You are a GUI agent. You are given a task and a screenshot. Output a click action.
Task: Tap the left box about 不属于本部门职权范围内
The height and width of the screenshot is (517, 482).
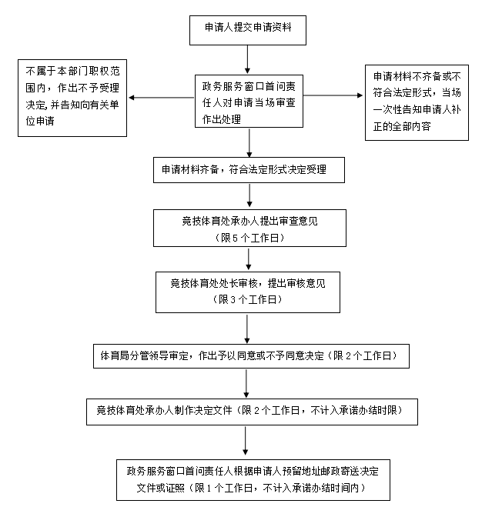[72, 98]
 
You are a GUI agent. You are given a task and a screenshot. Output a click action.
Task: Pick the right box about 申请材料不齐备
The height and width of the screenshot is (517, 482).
[417, 102]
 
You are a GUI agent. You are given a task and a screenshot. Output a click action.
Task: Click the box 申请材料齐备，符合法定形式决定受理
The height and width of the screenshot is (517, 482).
[243, 170]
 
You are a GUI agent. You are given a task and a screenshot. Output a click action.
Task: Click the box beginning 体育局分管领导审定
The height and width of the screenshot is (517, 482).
[249, 357]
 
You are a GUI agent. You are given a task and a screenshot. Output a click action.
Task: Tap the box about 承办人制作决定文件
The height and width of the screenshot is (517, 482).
[252, 410]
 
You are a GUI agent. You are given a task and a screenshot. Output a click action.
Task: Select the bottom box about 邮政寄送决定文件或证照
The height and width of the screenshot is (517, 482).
[246, 479]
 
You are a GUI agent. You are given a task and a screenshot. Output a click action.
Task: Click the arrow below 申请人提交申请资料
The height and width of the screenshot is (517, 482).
[246, 58]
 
